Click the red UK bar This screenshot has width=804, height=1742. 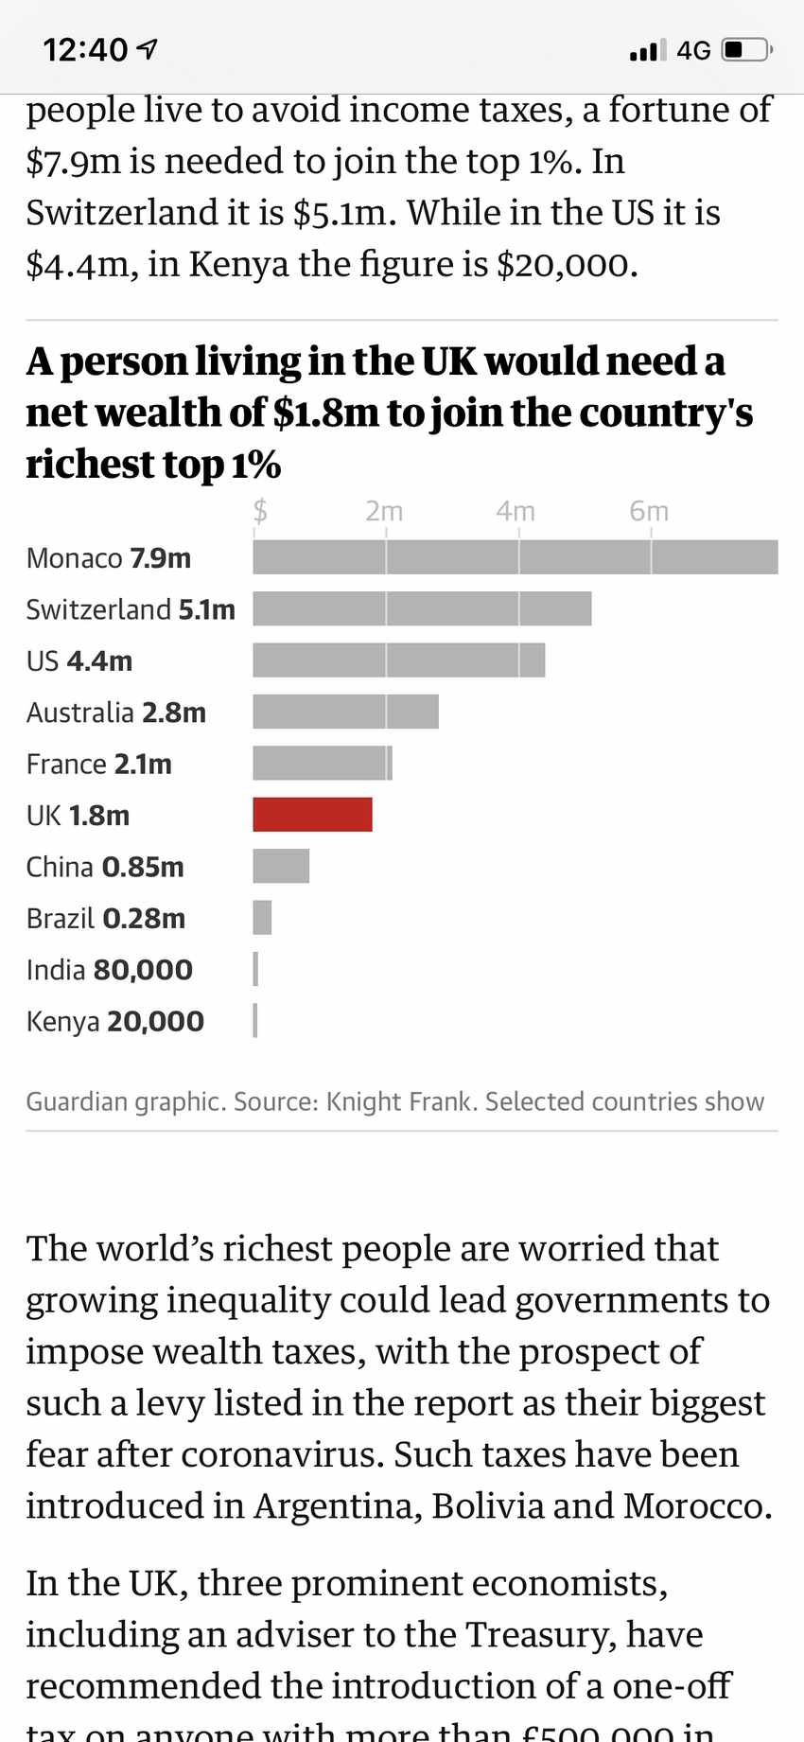312,815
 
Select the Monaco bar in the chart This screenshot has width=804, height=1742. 515,557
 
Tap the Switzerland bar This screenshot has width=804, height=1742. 422,608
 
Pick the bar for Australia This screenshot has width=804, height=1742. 345,712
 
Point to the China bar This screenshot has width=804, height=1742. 281,866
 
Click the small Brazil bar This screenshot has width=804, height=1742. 262,918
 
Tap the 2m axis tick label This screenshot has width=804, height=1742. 384,511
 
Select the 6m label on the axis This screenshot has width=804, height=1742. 649,511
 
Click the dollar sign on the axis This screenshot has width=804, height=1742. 260,511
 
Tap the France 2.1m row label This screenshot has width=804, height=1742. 99,764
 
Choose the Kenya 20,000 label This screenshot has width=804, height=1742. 115,1021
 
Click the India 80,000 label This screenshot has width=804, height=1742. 110,970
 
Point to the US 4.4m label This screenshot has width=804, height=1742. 79,660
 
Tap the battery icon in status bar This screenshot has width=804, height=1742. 746,49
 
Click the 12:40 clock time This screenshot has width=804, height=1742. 85,49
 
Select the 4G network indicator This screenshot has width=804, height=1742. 693,50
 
